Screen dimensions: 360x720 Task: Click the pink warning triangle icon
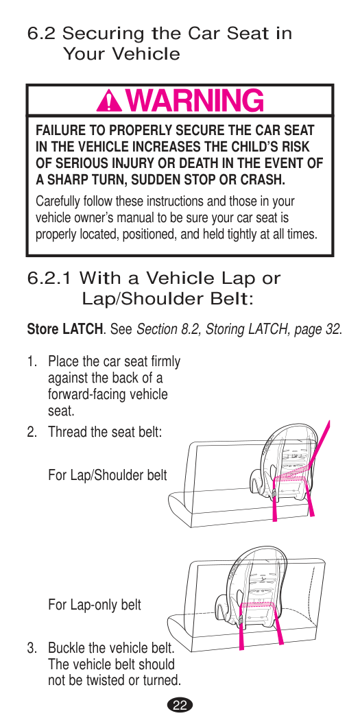tap(109, 101)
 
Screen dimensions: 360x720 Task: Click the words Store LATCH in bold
tap(64, 329)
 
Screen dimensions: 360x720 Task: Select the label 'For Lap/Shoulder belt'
tap(108, 475)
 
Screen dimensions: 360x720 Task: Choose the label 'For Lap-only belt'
tap(95, 605)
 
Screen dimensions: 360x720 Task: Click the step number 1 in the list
tap(31, 361)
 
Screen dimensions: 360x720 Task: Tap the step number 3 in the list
tap(31, 649)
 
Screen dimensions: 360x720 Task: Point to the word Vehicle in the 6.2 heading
tap(147, 54)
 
